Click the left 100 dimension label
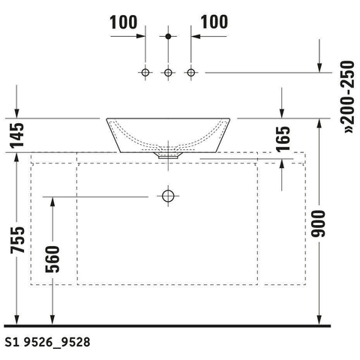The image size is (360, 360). pyautogui.click(x=124, y=22)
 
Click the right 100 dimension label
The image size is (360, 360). pyautogui.click(x=214, y=22)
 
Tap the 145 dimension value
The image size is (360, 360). pyautogui.click(x=17, y=135)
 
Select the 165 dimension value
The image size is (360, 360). pyautogui.click(x=283, y=139)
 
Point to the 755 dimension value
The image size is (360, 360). pyautogui.click(x=18, y=240)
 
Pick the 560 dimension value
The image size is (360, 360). pyautogui.click(x=52, y=259)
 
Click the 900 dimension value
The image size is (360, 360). pyautogui.click(x=318, y=223)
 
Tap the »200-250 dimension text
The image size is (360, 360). pyautogui.click(x=348, y=97)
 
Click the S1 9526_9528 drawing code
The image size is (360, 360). pyautogui.click(x=47, y=342)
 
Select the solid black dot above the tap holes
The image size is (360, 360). pyautogui.click(x=168, y=37)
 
